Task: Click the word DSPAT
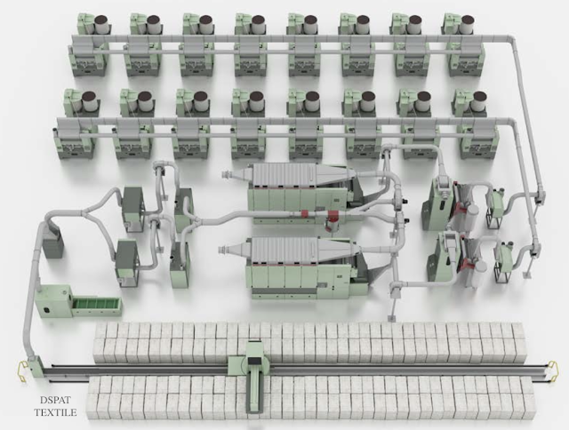(55, 401)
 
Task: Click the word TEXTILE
(55, 412)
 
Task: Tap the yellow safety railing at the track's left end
(21, 370)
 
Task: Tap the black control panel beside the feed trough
(47, 310)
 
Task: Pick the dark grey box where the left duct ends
(54, 244)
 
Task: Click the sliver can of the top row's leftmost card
(103, 25)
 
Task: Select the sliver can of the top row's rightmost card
(469, 25)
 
